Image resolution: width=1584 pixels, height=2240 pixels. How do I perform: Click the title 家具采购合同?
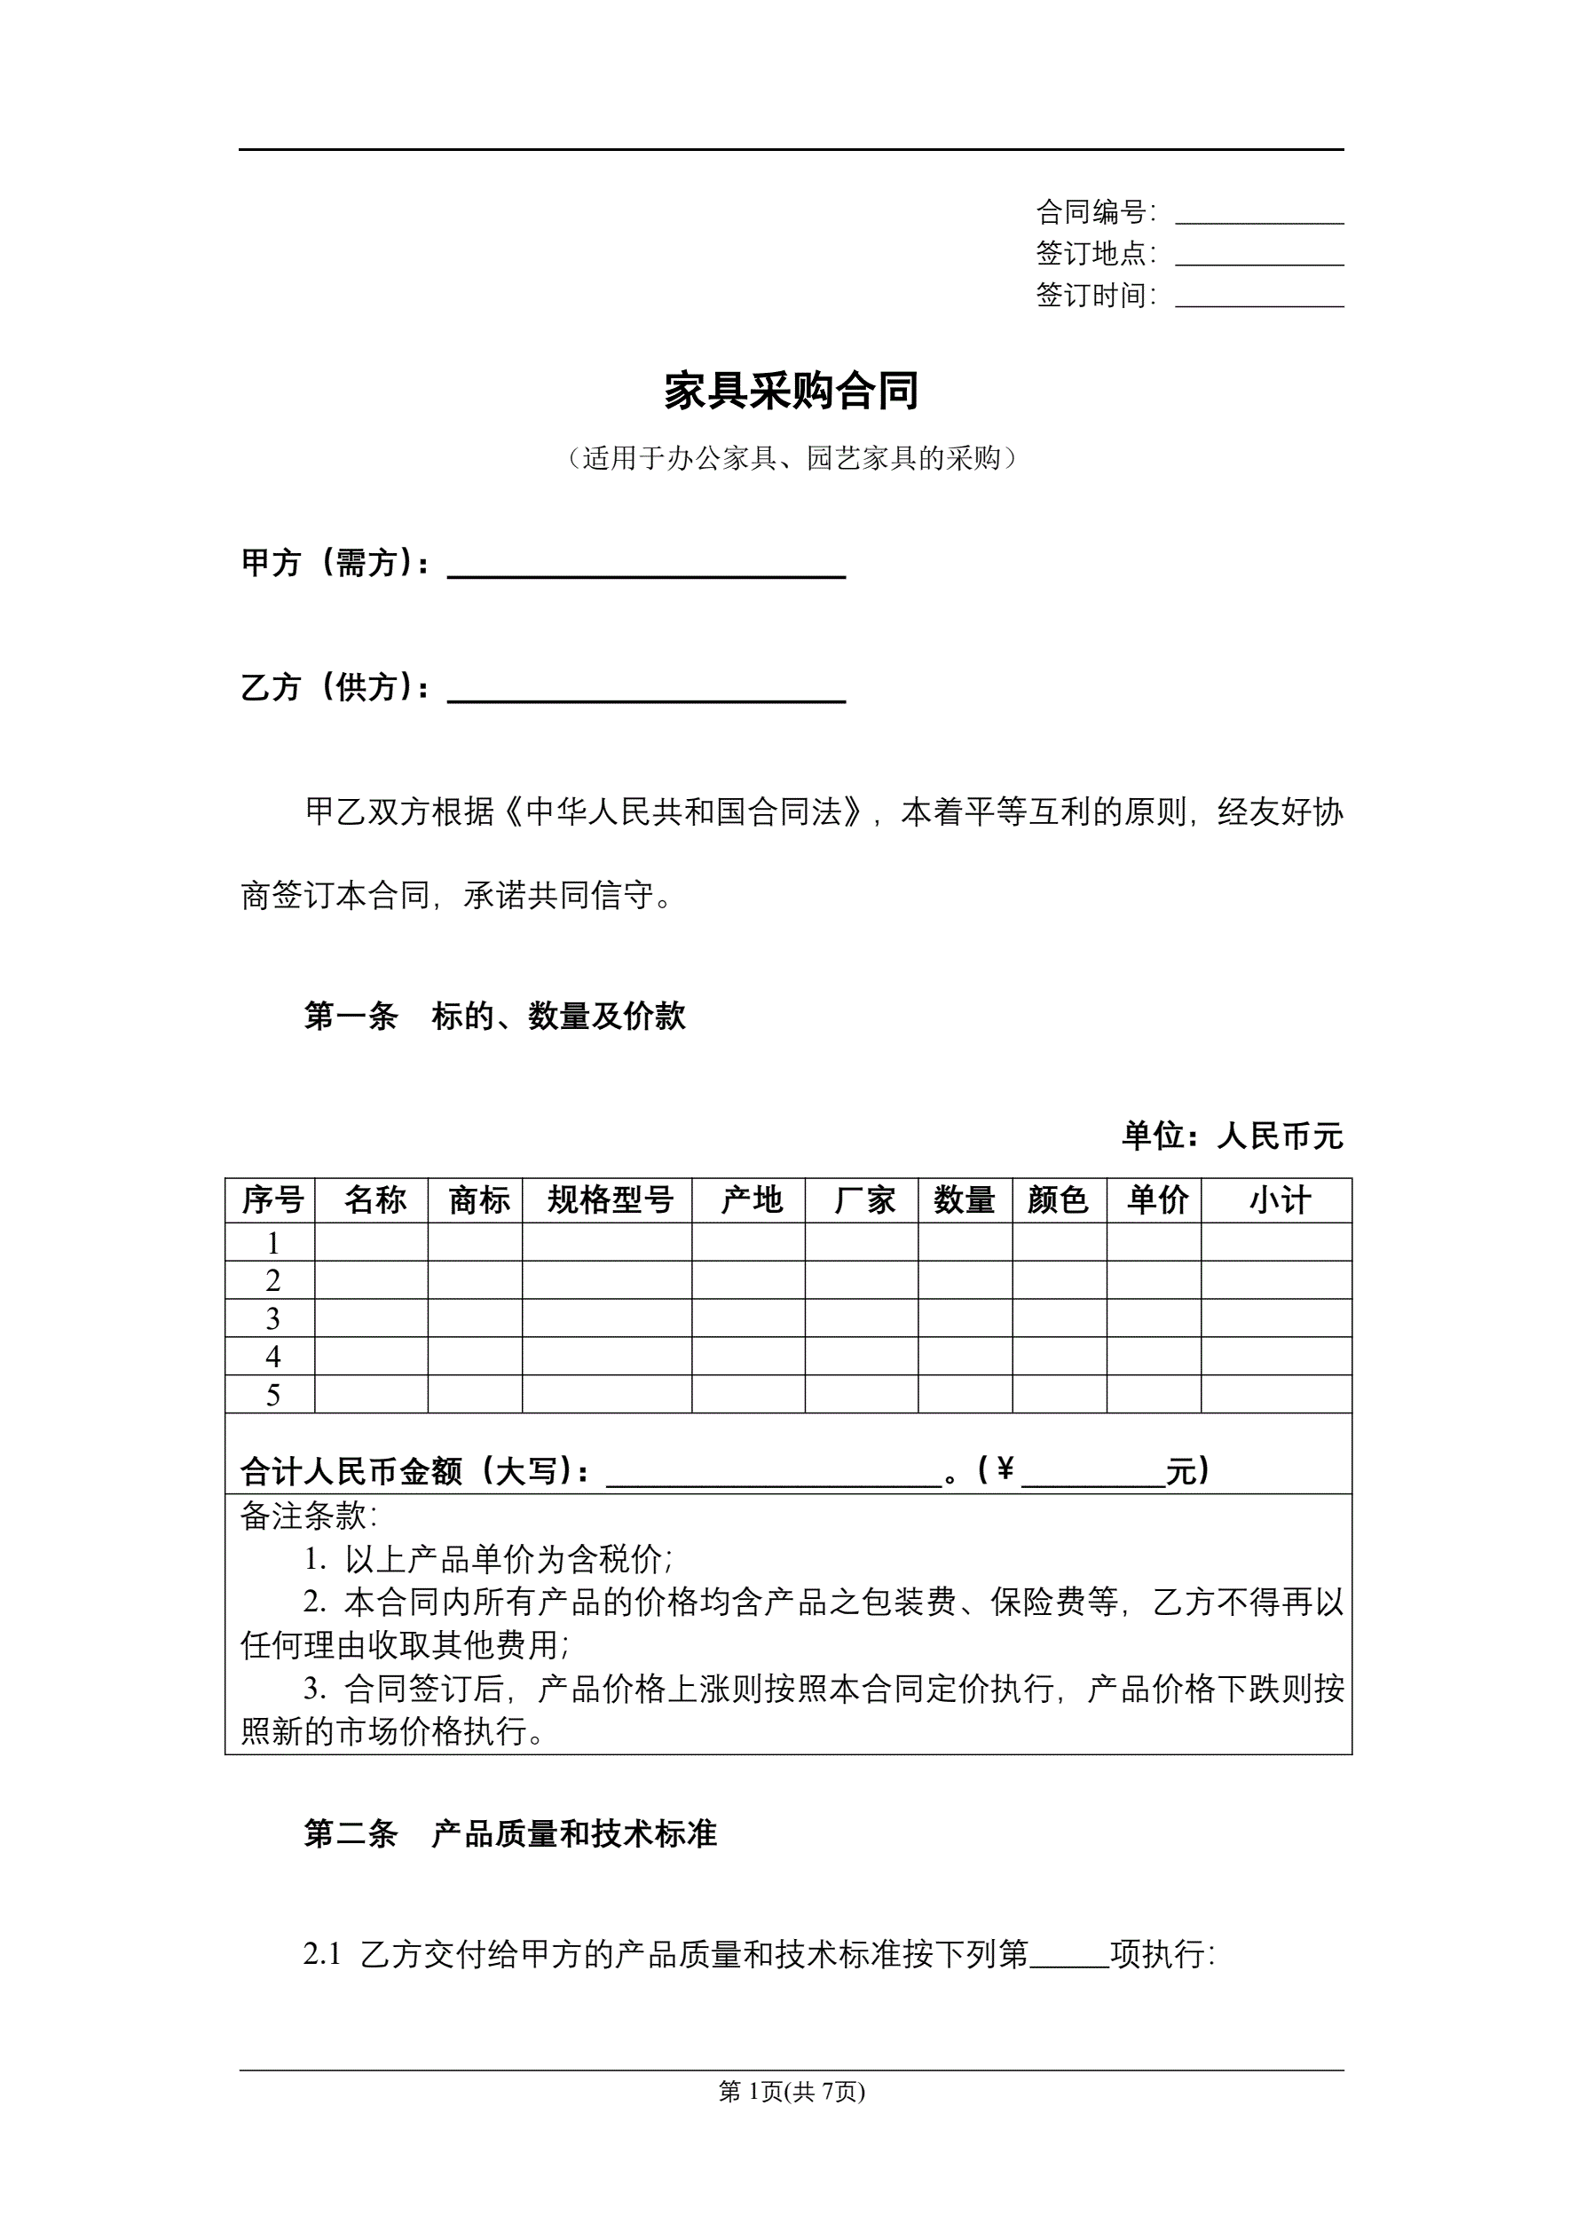click(x=791, y=391)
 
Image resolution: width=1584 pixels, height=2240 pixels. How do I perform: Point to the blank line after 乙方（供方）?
click(x=646, y=692)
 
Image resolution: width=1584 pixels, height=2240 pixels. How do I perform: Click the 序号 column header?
click(x=272, y=1200)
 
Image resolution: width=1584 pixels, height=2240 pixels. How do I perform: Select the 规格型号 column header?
click(x=609, y=1200)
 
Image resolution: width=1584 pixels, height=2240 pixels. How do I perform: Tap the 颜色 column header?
click(x=1059, y=1200)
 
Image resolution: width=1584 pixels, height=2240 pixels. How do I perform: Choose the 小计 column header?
click(x=1278, y=1200)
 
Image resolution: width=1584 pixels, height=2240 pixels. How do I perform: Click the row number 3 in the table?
click(x=272, y=1318)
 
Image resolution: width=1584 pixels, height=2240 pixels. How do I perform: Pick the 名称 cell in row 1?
click(x=372, y=1242)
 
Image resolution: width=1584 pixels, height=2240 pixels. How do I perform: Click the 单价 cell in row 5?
click(x=1154, y=1394)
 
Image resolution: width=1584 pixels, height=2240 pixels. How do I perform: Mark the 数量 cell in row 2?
click(x=965, y=1280)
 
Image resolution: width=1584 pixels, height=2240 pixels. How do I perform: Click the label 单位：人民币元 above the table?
click(x=1232, y=1136)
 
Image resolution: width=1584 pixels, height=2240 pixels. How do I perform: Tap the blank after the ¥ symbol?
click(x=1092, y=1472)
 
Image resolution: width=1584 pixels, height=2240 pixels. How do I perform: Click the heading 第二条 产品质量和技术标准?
click(x=510, y=1834)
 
